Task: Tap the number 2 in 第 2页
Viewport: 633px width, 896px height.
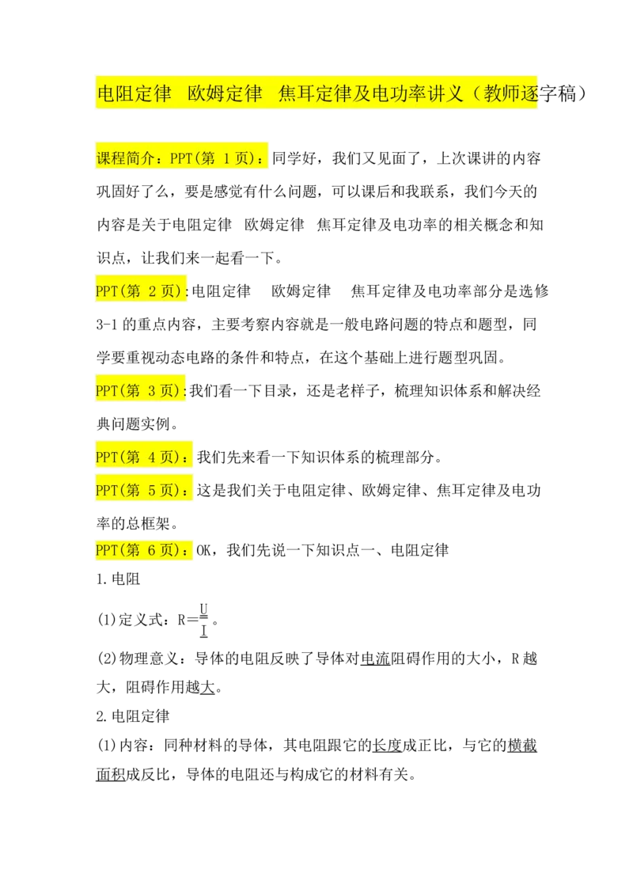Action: pos(153,291)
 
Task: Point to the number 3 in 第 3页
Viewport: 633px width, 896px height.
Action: pos(153,390)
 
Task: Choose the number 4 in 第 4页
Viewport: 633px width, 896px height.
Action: pos(153,457)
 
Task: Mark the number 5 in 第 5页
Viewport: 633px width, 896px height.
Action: pos(153,490)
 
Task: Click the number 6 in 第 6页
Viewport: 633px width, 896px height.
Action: pos(153,550)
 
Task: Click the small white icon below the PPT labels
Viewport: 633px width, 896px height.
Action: pos(203,617)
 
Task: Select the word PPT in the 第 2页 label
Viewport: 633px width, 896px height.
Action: pos(107,291)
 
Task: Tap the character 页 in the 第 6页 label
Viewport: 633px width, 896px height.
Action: pos(168,550)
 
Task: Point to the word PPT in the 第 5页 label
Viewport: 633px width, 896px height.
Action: pos(107,490)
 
